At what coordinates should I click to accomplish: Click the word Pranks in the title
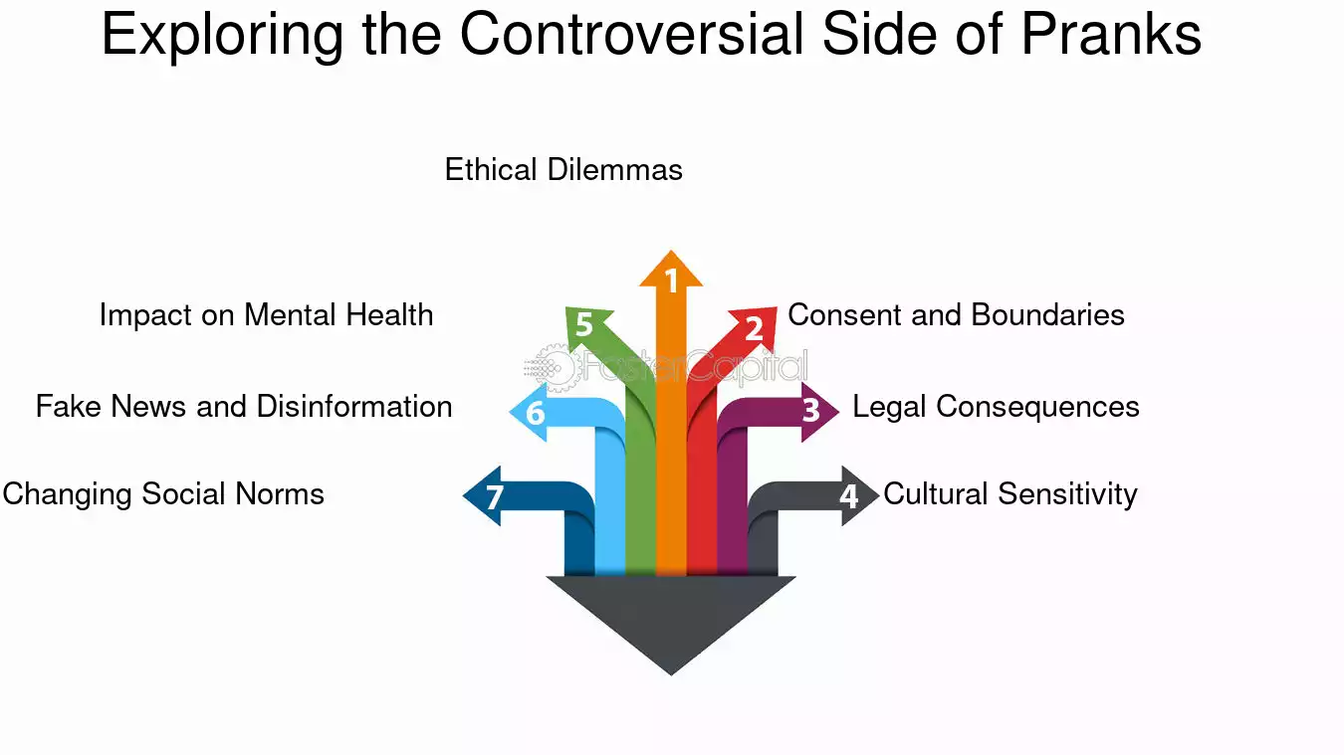point(1111,34)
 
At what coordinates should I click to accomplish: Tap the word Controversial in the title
point(631,34)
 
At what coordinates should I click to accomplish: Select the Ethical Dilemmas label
point(563,170)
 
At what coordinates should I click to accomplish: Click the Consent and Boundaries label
point(956,315)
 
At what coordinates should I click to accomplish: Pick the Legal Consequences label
point(996,407)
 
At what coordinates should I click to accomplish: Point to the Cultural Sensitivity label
point(1010,494)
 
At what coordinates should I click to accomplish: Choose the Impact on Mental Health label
point(267,315)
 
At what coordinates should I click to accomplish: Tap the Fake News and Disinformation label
point(244,407)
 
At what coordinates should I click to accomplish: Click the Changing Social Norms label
point(163,494)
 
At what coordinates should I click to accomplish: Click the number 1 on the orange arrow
point(671,281)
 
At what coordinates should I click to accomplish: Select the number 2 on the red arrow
point(755,328)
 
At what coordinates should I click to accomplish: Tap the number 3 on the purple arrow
point(811,411)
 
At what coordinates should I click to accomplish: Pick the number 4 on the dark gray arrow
point(849,496)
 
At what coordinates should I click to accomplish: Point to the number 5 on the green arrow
point(583,324)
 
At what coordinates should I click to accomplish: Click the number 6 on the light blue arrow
point(536,413)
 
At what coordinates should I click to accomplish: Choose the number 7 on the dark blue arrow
point(495,497)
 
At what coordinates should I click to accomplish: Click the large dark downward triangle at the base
point(671,612)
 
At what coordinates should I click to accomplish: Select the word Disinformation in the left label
point(354,407)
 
